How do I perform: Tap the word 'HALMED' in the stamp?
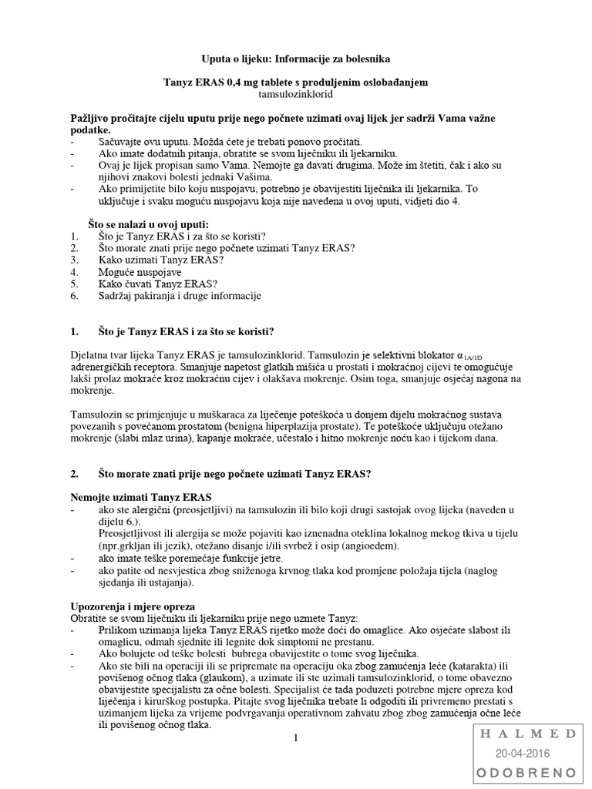[x=528, y=734]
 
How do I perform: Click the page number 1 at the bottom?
[x=295, y=738]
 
